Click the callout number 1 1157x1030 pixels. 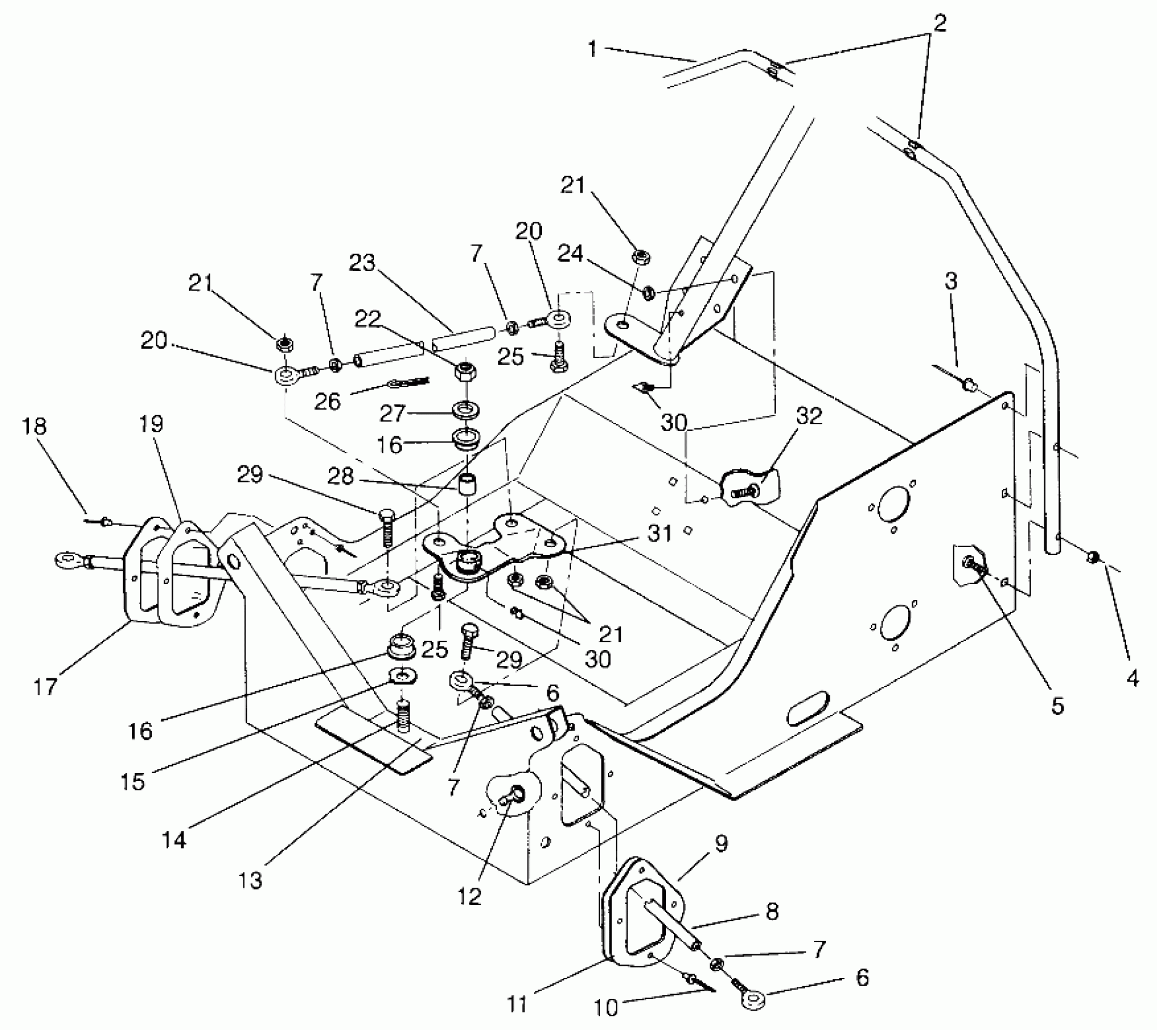pos(592,48)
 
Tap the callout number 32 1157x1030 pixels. pos(809,416)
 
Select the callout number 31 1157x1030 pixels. pos(660,533)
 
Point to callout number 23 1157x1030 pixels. pos(362,264)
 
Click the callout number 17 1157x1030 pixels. pos(45,686)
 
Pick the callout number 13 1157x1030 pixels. pos(250,879)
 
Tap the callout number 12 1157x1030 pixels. pos(469,895)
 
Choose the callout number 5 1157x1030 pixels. pos(1057,705)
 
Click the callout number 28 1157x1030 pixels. pos(340,476)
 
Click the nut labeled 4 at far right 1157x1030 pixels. pos(1093,556)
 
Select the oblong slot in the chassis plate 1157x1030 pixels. pos(809,706)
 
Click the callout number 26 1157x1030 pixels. pos(328,400)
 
